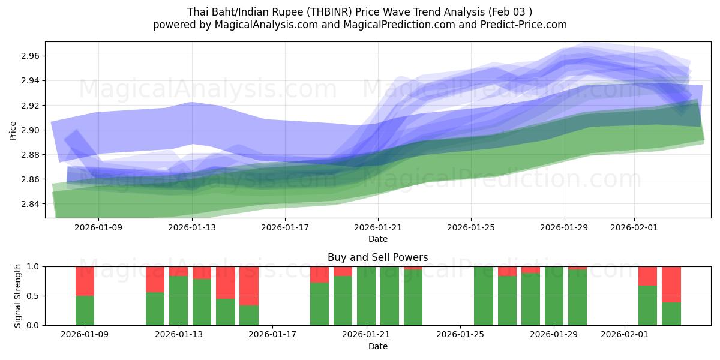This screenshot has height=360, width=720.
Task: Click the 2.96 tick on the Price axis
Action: point(31,56)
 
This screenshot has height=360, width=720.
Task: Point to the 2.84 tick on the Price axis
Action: point(31,204)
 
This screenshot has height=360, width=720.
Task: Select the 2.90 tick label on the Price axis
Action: point(31,130)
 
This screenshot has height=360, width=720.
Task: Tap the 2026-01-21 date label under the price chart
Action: point(377,228)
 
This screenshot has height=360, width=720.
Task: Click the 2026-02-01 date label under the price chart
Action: point(634,228)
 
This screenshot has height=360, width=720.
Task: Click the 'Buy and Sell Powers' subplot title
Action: point(377,257)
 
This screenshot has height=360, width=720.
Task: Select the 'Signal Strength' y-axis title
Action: point(17,296)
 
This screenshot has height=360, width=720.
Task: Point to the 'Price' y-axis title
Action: point(13,130)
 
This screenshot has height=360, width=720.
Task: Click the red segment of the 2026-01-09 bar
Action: point(85,281)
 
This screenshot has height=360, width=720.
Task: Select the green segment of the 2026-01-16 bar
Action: point(249,315)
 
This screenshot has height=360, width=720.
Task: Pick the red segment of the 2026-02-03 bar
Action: point(671,284)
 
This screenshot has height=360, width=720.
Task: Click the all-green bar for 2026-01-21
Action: point(366,296)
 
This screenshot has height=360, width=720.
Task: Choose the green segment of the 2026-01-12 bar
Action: point(155,308)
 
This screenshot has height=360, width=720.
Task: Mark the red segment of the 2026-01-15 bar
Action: point(226,282)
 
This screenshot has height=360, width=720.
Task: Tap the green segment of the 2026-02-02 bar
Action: point(648,305)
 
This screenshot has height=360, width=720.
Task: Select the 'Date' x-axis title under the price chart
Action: point(377,239)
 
